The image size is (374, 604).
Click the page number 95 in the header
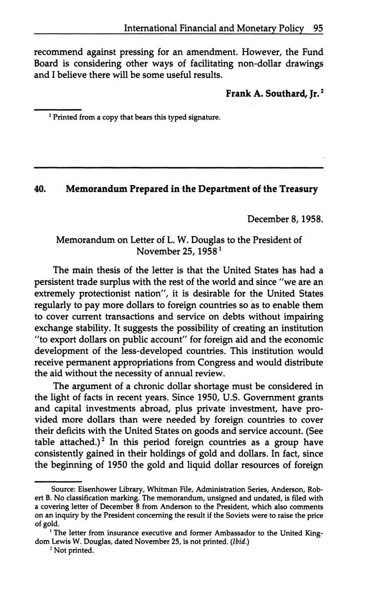(x=318, y=28)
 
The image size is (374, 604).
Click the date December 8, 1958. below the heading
(x=285, y=218)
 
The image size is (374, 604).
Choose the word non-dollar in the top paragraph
(x=259, y=63)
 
